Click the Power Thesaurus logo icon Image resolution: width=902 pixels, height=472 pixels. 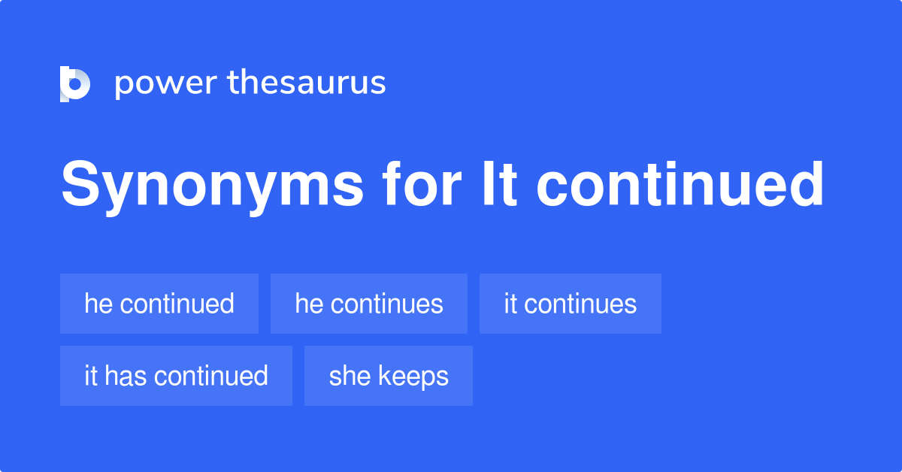[75, 83]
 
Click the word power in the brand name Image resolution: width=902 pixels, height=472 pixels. [165, 83]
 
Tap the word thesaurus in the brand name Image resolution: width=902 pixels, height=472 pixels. [307, 83]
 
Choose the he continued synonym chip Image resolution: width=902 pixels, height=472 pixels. [159, 304]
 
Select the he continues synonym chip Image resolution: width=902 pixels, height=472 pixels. [369, 304]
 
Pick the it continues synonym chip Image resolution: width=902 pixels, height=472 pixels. [571, 304]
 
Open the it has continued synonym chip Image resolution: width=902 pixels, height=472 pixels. [176, 376]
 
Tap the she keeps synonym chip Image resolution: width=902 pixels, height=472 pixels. [389, 376]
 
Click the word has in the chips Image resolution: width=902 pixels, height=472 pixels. [125, 376]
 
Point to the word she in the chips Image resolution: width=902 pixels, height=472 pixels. [350, 376]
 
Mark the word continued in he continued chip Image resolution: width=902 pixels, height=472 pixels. [177, 304]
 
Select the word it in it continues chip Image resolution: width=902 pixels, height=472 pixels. [510, 304]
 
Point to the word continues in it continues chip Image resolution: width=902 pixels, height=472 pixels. [580, 304]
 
